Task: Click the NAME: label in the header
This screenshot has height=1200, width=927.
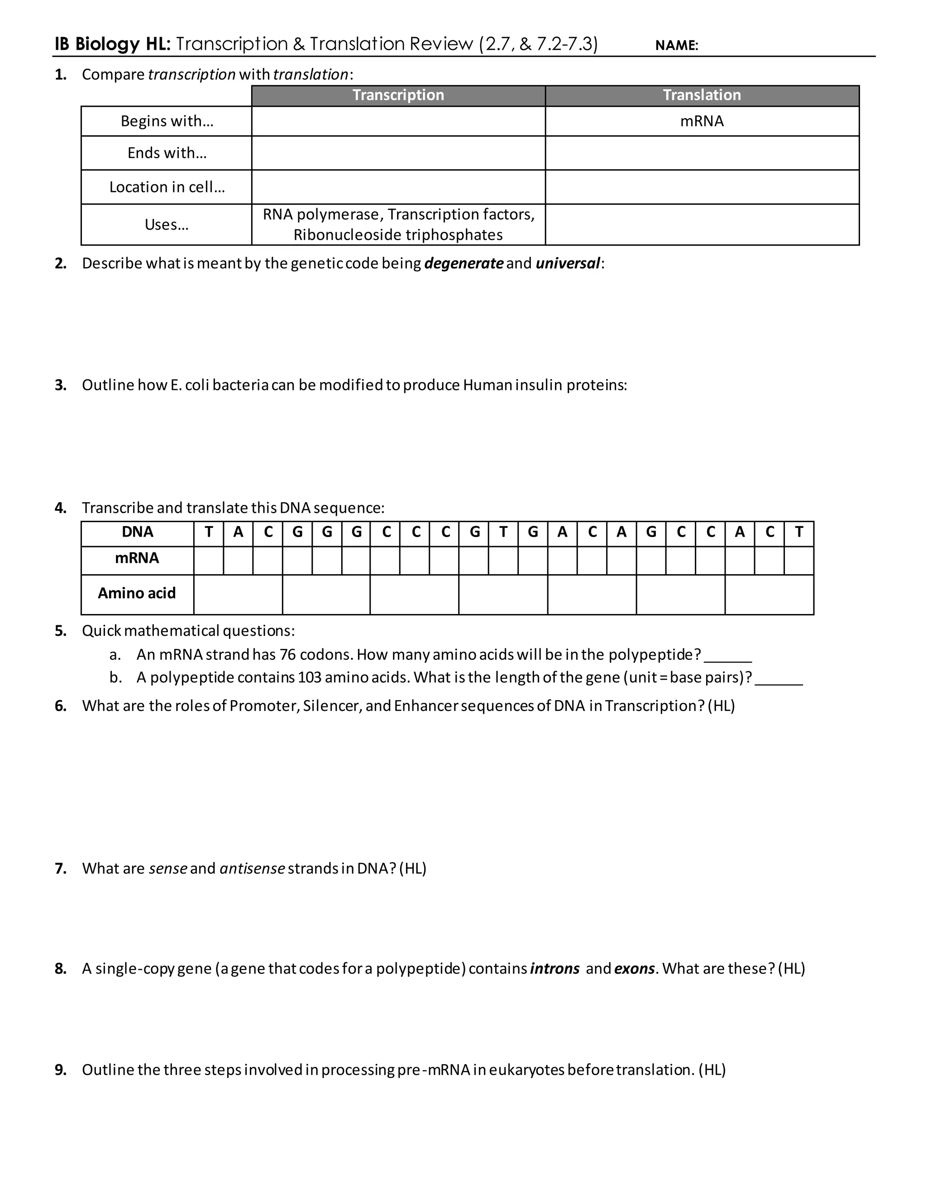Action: [676, 46]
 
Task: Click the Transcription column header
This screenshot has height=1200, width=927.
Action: [398, 95]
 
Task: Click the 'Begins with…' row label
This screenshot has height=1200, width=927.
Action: [167, 121]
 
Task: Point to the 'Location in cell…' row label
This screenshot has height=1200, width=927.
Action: [167, 187]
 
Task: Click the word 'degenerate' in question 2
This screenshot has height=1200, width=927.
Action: [463, 263]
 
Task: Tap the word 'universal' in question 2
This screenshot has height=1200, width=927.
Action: [567, 263]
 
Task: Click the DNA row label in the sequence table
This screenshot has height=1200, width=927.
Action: [137, 532]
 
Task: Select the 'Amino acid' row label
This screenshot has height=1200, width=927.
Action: [137, 593]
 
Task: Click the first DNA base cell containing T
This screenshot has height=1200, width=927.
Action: [209, 532]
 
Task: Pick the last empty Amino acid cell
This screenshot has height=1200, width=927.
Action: [769, 595]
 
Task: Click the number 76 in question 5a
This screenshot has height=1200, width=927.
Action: [287, 654]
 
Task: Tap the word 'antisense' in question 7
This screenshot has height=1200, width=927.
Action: [252, 868]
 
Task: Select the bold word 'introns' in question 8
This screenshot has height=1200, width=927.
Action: [554, 968]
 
